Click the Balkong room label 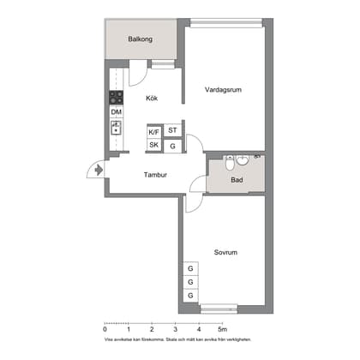pos(141,39)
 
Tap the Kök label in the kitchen pos(152,98)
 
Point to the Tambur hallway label pos(155,176)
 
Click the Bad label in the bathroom pos(237,181)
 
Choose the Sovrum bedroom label pos(225,252)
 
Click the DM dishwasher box pos(116,112)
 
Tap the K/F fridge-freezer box pos(154,132)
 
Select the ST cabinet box pos(172,130)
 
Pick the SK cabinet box pos(154,146)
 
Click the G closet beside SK pos(172,146)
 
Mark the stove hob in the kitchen pos(116,97)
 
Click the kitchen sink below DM pos(116,129)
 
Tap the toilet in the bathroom pos(243,159)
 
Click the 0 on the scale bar pos(105,329)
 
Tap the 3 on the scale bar pos(175,329)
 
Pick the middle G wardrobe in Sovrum pos(189,283)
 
